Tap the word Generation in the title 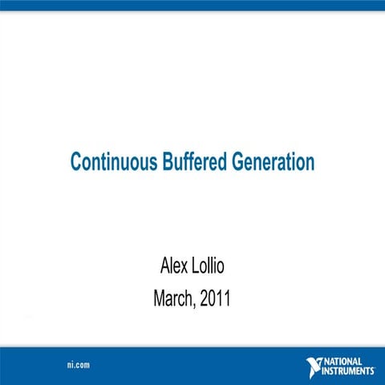click(273, 162)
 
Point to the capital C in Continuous click(76, 162)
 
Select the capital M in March click(158, 300)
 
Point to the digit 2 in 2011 click(205, 300)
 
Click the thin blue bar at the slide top click(192, 5)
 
